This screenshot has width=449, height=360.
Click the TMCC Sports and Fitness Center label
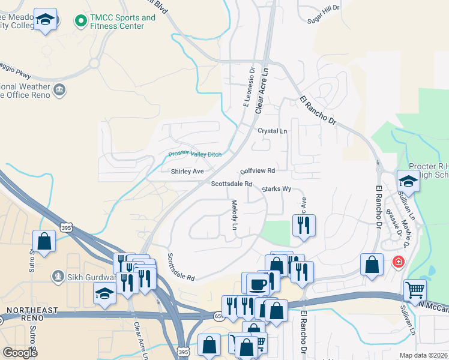(x=122, y=22)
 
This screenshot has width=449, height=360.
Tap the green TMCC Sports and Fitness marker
(x=80, y=22)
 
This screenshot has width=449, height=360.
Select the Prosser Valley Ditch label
(x=195, y=154)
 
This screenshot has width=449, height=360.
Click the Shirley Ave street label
(x=187, y=172)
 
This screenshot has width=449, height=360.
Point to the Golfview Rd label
(x=257, y=171)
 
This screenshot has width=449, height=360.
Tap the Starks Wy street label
(x=276, y=189)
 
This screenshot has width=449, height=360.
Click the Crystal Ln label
(x=273, y=131)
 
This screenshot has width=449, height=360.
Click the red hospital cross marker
(x=397, y=262)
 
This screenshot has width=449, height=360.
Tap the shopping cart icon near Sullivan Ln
(x=415, y=290)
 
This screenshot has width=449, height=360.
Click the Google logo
(x=20, y=353)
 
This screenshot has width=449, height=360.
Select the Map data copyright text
(x=423, y=355)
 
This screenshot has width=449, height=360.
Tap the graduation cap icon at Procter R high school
(x=408, y=180)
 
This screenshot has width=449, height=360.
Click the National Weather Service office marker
(x=59, y=91)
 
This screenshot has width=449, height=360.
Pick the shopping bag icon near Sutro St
(x=44, y=242)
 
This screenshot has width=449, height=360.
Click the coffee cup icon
(x=258, y=284)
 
